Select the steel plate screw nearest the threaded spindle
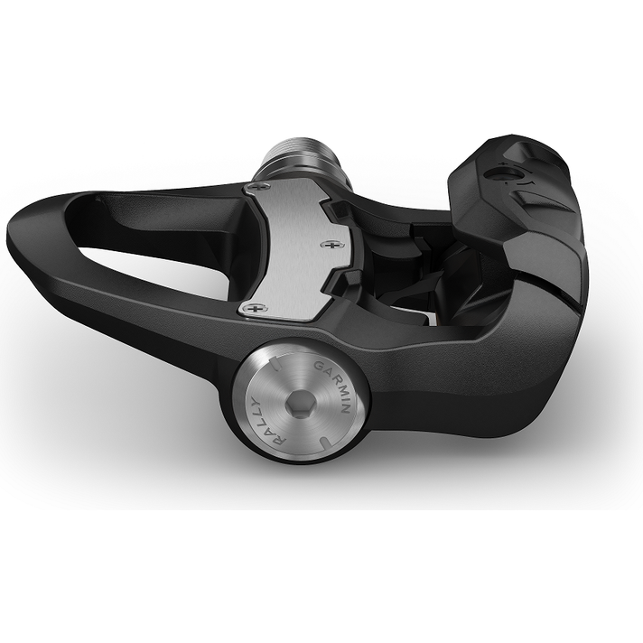coord(256,187)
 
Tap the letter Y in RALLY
coord(251,401)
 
